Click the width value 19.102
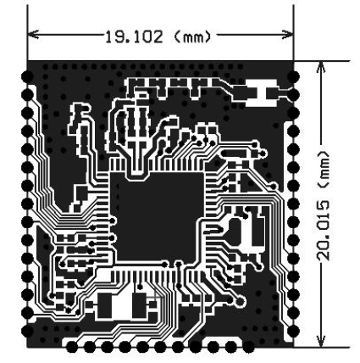134,37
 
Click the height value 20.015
323,231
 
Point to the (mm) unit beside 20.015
323,170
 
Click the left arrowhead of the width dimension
33,35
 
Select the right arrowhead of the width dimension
288,35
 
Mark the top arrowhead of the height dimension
321,67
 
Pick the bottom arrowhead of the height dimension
321,341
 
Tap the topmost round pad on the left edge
28,76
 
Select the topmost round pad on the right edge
294,76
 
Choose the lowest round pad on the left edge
28,331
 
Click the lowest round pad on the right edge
294,331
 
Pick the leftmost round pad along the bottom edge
72,347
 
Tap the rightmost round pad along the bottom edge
248,347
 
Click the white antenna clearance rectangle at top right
261,92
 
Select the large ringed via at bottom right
240,301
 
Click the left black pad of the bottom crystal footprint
104,305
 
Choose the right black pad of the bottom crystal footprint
140,305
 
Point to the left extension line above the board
28,33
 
